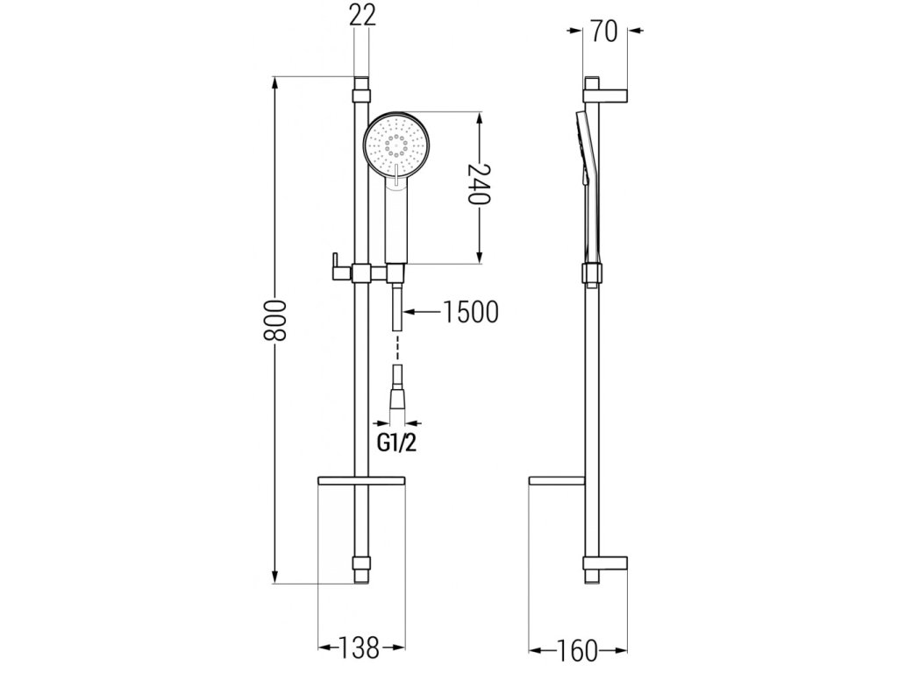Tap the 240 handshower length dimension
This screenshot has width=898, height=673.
479,184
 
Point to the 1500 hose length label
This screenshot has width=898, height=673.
470,312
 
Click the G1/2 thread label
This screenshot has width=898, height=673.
396,443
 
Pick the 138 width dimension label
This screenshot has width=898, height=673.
358,648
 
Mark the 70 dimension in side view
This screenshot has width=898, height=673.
604,31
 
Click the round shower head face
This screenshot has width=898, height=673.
393,146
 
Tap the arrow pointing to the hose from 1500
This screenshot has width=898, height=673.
422,312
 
